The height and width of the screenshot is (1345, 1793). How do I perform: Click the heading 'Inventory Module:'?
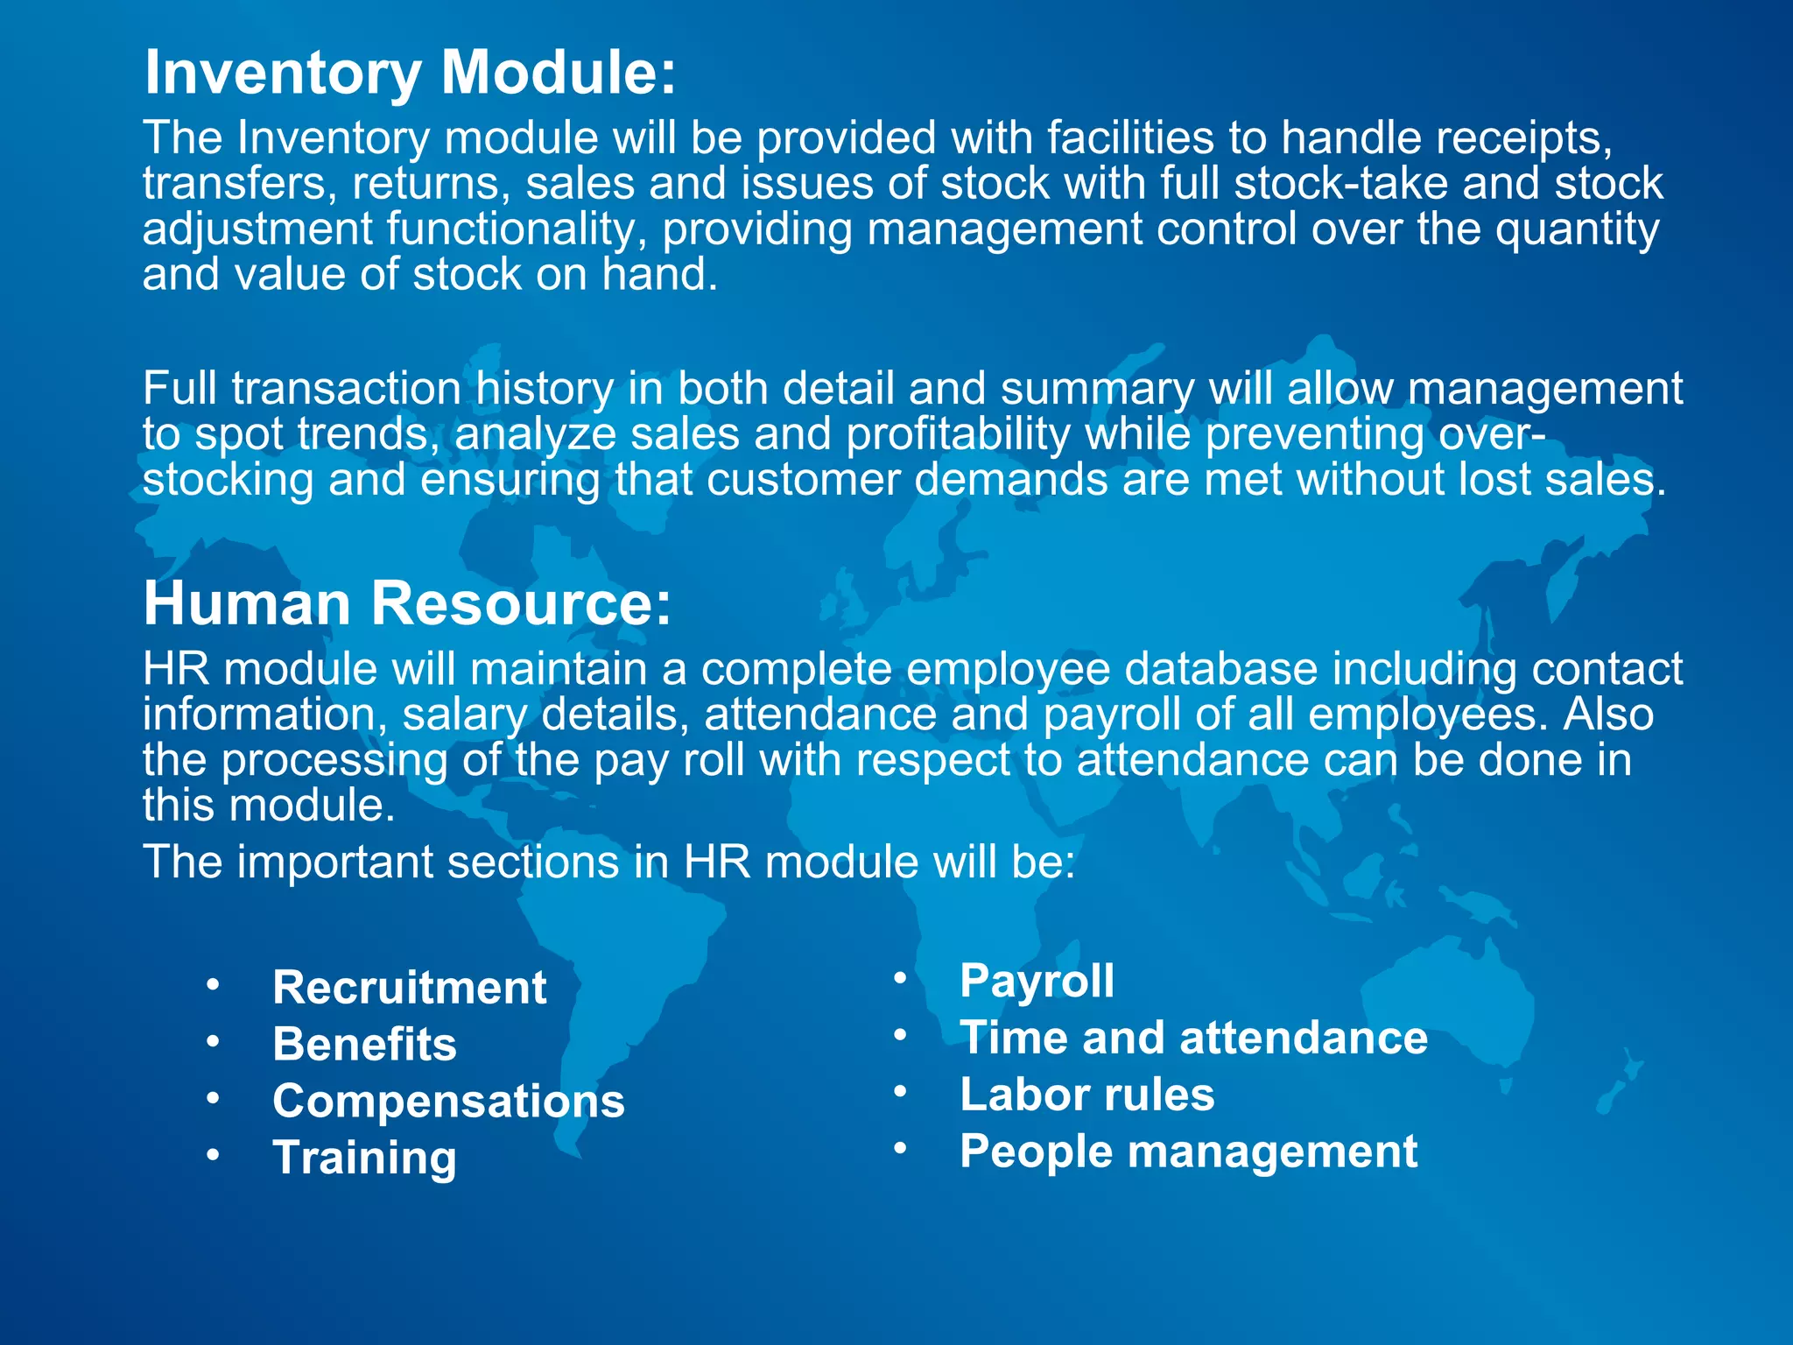click(x=410, y=72)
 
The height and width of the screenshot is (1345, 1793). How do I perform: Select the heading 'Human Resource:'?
click(x=407, y=603)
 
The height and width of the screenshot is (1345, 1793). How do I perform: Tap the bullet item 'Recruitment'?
click(x=409, y=988)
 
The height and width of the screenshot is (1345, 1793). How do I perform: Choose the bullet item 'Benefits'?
click(x=364, y=1045)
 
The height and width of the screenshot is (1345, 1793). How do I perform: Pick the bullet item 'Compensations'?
click(x=448, y=1102)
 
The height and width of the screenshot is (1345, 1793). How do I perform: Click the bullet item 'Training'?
click(x=364, y=1158)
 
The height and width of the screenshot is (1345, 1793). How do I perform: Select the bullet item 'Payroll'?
click(x=1037, y=981)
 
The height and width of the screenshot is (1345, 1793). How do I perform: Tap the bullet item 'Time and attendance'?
click(x=1193, y=1038)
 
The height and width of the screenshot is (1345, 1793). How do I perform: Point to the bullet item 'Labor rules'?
click(x=1086, y=1095)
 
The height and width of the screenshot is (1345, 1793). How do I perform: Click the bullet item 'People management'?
click(x=1188, y=1151)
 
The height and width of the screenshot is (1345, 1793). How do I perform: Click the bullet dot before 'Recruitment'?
click(x=213, y=986)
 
